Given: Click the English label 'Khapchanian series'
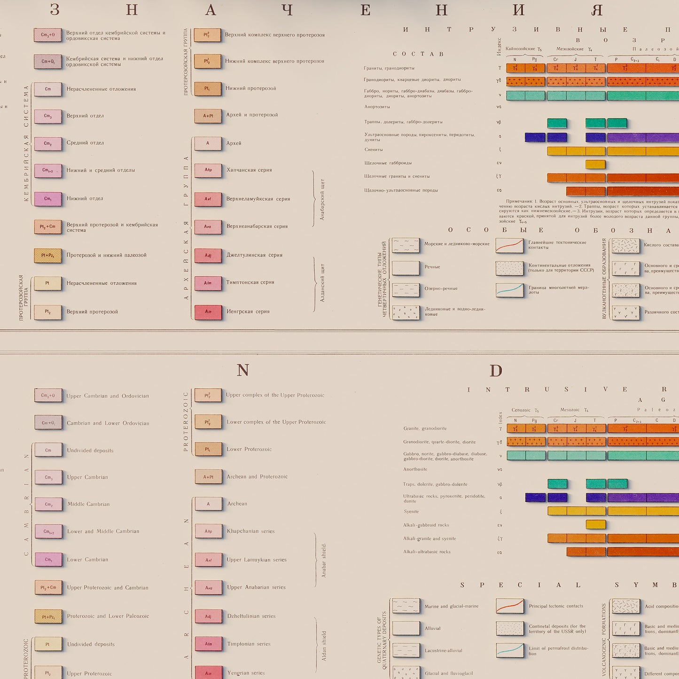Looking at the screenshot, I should pyautogui.click(x=250, y=531).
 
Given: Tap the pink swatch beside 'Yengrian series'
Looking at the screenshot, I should pyautogui.click(x=208, y=673).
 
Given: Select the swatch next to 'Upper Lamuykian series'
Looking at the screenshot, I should pyautogui.click(x=208, y=560).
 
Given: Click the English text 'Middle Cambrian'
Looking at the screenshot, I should pyautogui.click(x=88, y=504).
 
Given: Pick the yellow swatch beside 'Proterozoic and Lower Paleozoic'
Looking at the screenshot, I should pyautogui.click(x=48, y=617).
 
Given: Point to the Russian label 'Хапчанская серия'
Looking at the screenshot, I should pyautogui.click(x=249, y=170).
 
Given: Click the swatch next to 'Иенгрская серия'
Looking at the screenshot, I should pyautogui.click(x=208, y=312).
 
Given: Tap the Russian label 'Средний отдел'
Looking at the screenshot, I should pyautogui.click(x=85, y=143).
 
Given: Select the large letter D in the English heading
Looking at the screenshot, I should pyautogui.click(x=496, y=371).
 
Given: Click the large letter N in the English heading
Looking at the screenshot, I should pyautogui.click(x=243, y=371).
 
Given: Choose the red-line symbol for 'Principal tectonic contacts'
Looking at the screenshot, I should pyautogui.click(x=510, y=606).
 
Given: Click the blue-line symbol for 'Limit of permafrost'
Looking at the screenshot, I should pyautogui.click(x=510, y=650).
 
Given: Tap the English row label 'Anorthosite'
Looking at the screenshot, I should pyautogui.click(x=415, y=469).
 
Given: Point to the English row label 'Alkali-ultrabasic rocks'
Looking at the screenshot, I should pyautogui.click(x=427, y=552).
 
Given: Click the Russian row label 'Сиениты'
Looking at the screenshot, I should pyautogui.click(x=374, y=149).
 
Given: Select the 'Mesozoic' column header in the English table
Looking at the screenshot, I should pyautogui.click(x=570, y=410).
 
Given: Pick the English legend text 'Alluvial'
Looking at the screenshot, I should pyautogui.click(x=433, y=628).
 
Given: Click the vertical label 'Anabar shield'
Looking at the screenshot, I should pyautogui.click(x=324, y=560).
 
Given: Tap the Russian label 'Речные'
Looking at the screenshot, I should pyautogui.click(x=432, y=267).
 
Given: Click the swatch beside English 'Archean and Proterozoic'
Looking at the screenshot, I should pyautogui.click(x=208, y=476).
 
